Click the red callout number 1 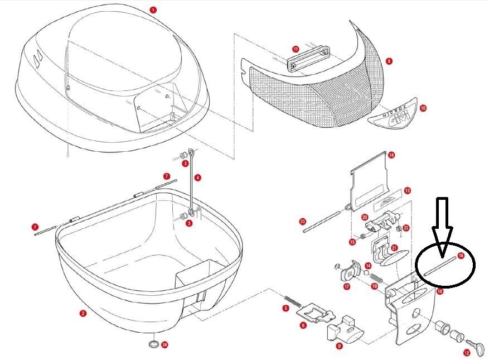(153, 9)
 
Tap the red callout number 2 (83, 314)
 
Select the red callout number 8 (389, 60)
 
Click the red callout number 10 (423, 108)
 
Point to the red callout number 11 (296, 49)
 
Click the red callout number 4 (198, 177)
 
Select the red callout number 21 (394, 248)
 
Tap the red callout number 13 (408, 190)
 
